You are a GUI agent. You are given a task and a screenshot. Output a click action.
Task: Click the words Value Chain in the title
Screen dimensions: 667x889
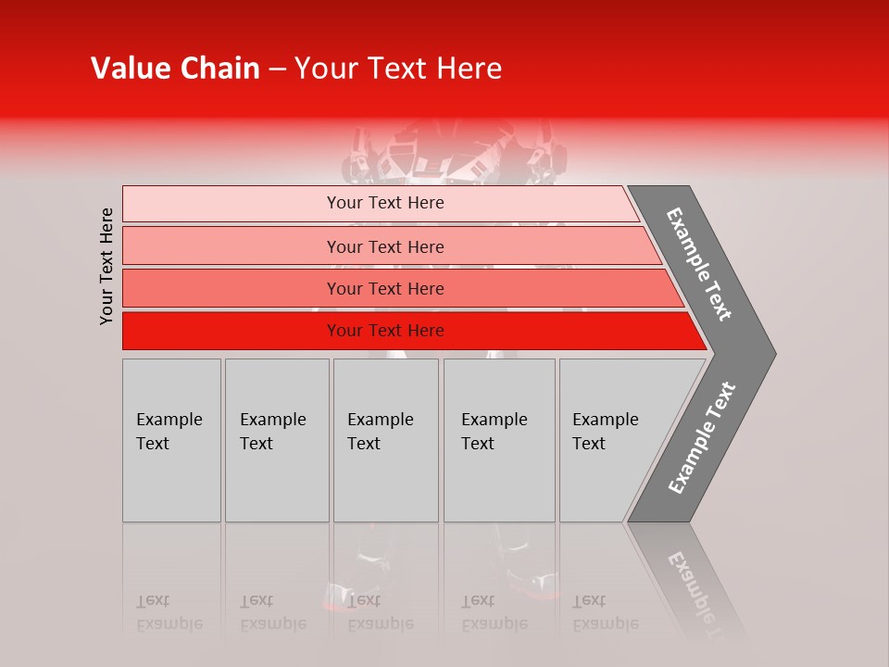[x=175, y=69]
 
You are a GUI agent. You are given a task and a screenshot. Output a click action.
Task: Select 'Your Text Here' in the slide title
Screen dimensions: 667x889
[x=398, y=69]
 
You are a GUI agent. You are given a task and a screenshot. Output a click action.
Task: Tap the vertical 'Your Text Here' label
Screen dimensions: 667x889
[x=106, y=267]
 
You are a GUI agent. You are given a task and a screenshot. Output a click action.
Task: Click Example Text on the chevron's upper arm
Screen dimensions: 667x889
[x=699, y=264]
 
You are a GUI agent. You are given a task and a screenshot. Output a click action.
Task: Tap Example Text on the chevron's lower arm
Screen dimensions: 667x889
[x=701, y=438]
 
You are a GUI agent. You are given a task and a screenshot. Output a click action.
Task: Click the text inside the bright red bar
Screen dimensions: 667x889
[x=385, y=331]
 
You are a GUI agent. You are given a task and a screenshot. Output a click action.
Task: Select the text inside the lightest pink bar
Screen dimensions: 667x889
[x=385, y=203]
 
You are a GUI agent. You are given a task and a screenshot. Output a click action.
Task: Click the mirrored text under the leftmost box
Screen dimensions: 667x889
[x=169, y=612]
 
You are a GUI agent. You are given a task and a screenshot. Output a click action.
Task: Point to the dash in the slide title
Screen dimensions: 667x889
[x=277, y=69]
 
